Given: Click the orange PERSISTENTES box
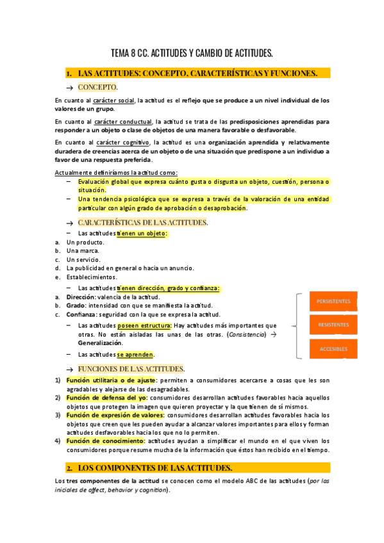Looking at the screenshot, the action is pyautogui.click(x=333, y=301).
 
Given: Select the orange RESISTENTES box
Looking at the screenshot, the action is pyautogui.click(x=333, y=325).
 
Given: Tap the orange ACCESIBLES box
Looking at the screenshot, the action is pyautogui.click(x=333, y=349).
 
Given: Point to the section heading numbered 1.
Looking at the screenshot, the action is pyautogui.click(x=197, y=74).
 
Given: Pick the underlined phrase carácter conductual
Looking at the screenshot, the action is pyautogui.click(x=132, y=121).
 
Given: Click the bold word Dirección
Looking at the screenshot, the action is pyautogui.click(x=80, y=297).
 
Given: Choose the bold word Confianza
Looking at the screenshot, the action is pyautogui.click(x=82, y=314).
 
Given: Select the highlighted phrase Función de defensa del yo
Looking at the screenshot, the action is pyautogui.click(x=106, y=398).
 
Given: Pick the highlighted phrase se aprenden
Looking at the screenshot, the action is pyautogui.click(x=135, y=354).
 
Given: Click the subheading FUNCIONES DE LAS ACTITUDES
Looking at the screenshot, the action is pyautogui.click(x=131, y=369).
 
